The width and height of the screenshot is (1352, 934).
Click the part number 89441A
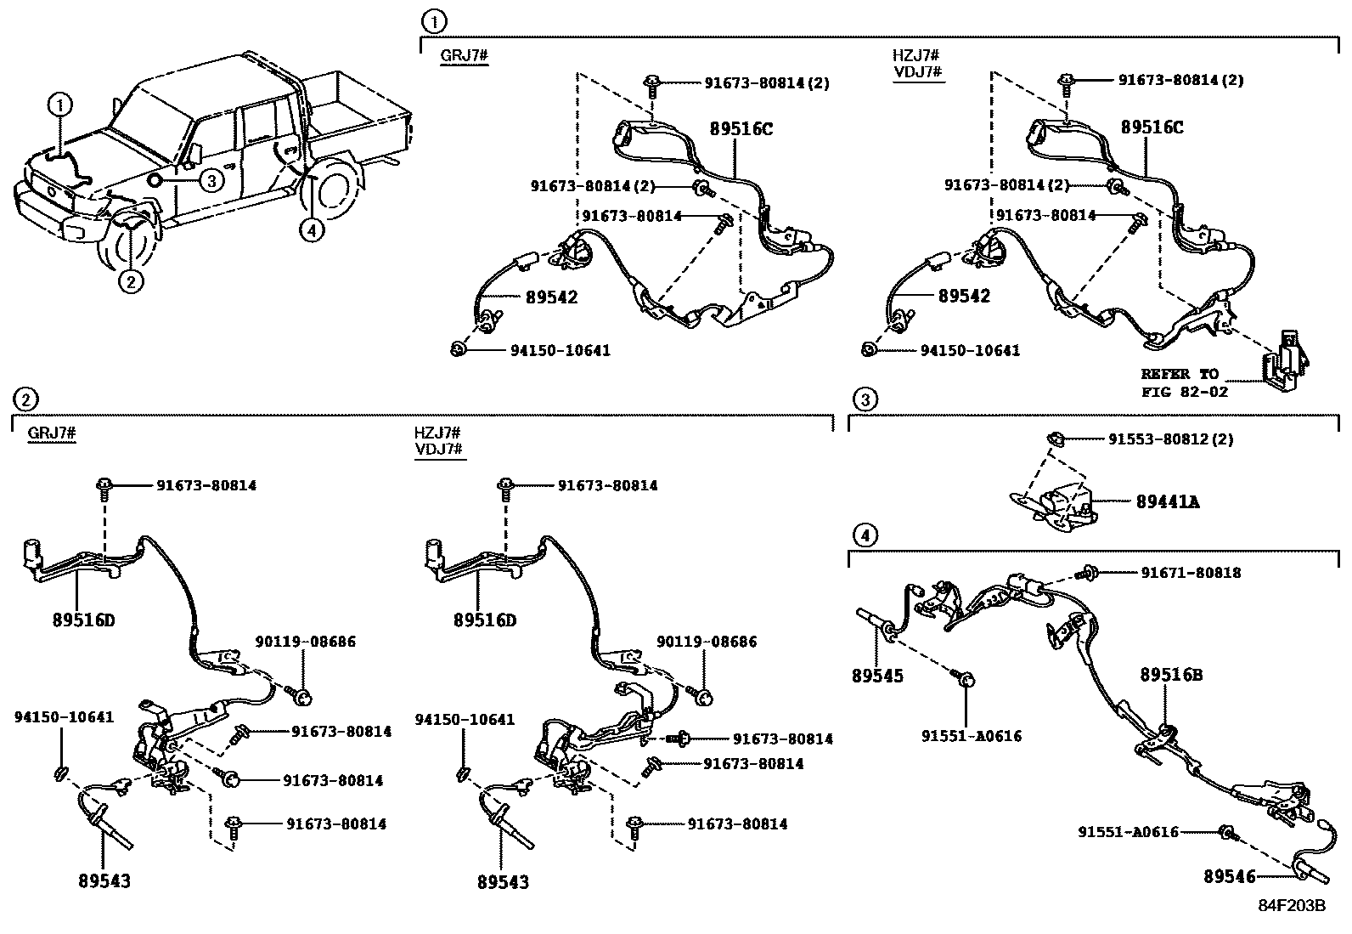1168,502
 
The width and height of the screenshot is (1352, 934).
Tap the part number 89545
877,676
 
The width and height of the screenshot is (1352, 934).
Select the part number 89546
1229,876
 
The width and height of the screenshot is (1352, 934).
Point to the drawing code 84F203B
1292,906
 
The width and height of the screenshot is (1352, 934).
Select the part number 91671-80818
1191,573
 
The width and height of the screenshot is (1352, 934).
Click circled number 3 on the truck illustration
211,179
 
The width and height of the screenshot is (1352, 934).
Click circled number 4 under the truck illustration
313,229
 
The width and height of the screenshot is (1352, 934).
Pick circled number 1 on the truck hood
59,105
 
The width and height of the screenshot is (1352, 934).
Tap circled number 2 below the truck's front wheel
130,280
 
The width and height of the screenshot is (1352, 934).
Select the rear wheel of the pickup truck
331,201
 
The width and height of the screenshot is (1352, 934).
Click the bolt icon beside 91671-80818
1090,574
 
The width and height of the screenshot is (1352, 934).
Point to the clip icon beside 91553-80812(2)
1053,439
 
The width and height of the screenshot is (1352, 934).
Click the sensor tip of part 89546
1308,874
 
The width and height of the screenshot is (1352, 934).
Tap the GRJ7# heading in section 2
52,433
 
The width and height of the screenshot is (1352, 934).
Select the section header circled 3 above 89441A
864,399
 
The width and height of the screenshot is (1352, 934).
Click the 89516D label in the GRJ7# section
82,620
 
